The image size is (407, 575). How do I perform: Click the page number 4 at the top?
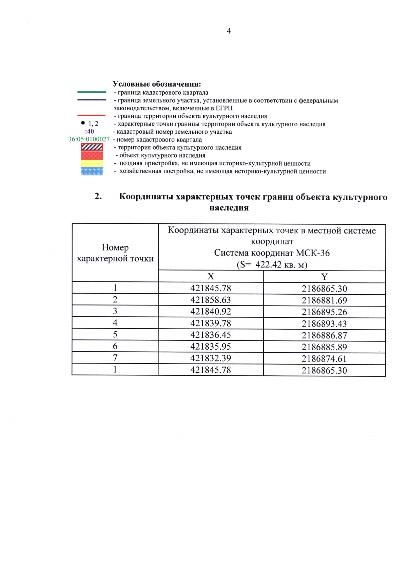click(229, 31)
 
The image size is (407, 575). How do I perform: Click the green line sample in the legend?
click(92, 92)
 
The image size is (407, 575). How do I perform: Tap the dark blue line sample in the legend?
click(92, 100)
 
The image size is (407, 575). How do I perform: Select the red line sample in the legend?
click(92, 115)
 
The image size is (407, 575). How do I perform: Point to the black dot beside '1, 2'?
click(82, 123)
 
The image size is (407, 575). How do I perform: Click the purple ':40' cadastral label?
click(90, 131)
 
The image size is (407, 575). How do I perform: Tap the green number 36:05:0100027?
click(89, 139)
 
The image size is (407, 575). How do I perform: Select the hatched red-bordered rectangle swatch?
click(92, 147)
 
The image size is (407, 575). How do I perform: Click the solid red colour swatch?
click(92, 155)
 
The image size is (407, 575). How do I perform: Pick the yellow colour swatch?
click(92, 163)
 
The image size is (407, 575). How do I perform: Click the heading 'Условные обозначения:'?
click(157, 84)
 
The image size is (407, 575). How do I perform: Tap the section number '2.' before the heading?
click(98, 196)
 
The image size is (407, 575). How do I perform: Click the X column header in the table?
click(211, 276)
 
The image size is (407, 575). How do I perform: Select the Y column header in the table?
click(324, 277)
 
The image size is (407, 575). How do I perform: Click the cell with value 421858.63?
click(211, 300)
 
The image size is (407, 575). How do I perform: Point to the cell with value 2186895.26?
click(324, 312)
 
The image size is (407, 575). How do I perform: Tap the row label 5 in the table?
click(115, 334)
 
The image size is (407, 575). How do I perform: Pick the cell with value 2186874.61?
click(324, 359)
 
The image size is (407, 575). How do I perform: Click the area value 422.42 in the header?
click(268, 264)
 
